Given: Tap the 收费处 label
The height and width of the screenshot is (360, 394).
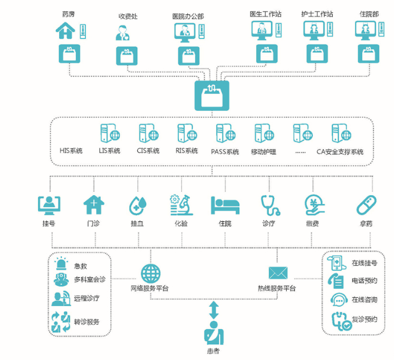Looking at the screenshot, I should (x=127, y=16).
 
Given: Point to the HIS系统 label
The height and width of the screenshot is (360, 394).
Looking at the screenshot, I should (x=71, y=151).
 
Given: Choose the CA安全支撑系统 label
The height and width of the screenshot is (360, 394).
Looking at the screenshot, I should (x=340, y=152).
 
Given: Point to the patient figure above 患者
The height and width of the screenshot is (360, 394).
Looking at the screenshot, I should (x=213, y=334).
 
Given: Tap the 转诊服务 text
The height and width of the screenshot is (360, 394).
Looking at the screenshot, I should (x=87, y=322).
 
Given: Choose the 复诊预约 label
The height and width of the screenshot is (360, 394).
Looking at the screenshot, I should (x=364, y=319).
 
